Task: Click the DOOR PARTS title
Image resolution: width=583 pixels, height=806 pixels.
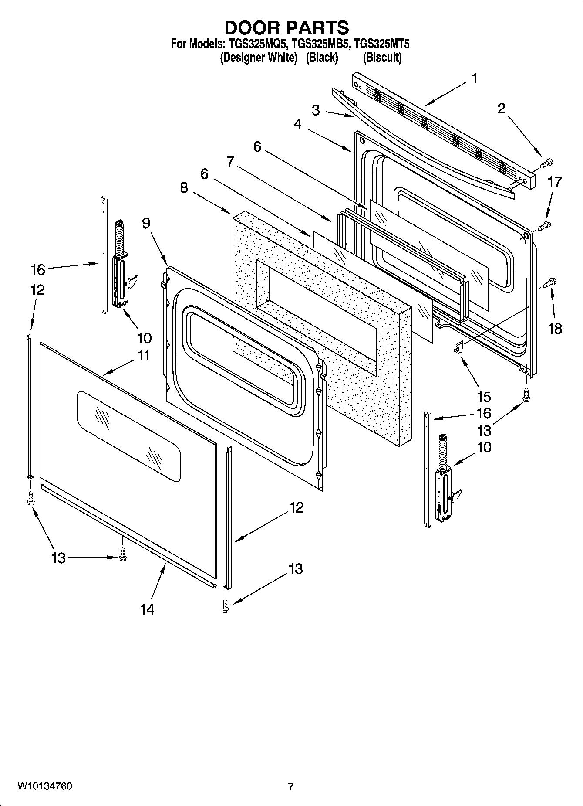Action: pos(286,28)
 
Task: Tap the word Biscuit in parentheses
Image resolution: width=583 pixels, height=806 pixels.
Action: pos(382,58)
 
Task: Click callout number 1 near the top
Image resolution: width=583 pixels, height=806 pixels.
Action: pos(474,79)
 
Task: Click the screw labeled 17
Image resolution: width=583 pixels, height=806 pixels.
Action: pos(544,226)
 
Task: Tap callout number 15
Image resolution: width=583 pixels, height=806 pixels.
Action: pos(484,397)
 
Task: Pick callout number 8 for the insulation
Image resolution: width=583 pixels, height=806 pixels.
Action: pos(184,188)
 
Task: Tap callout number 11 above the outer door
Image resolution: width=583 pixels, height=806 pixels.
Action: pos(144,356)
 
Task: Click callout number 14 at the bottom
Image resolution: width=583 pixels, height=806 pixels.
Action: pos(147,609)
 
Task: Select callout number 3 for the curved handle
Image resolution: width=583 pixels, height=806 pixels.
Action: pos(316,110)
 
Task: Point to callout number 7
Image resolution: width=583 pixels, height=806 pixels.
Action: pos(231,162)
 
